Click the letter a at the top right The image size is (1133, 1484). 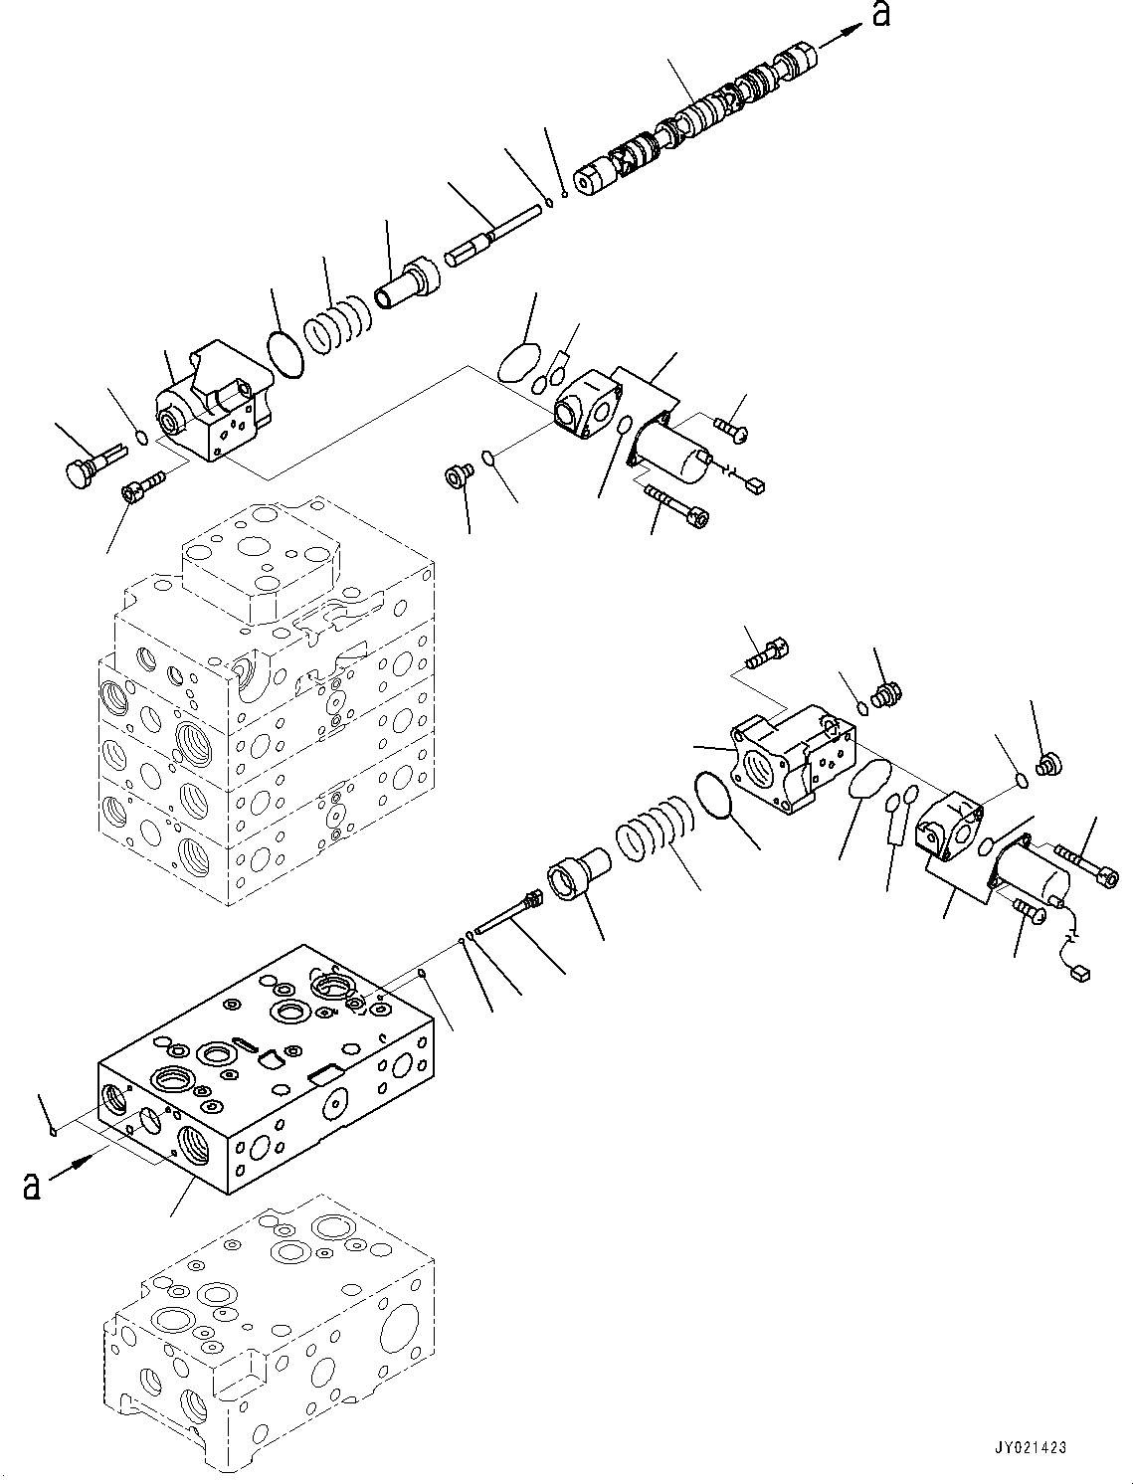(x=880, y=17)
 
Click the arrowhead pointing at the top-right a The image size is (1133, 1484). (x=845, y=32)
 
